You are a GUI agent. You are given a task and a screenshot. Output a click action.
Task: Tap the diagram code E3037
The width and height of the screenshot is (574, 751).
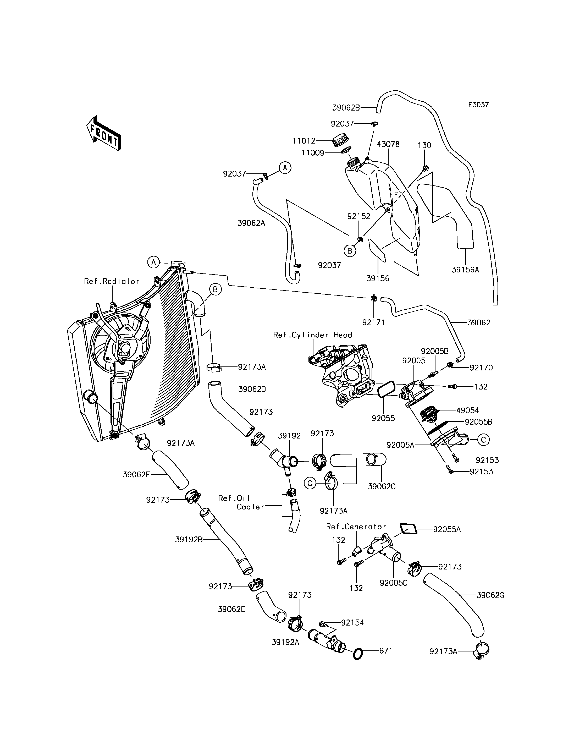[478, 105]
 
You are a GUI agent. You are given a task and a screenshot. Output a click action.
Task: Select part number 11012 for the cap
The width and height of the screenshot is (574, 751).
[304, 141]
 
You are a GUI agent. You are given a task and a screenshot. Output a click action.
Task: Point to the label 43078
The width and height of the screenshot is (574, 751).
[388, 144]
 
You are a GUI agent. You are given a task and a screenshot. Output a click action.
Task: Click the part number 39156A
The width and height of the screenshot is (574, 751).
[465, 270]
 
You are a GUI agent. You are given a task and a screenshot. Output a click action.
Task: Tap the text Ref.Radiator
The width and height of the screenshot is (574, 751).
[112, 281]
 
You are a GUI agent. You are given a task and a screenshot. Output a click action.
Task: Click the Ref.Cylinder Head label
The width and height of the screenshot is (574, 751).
[312, 335]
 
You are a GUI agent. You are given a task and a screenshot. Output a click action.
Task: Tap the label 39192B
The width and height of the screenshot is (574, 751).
[189, 539]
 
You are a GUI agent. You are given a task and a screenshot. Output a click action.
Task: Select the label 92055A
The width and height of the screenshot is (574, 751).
[447, 529]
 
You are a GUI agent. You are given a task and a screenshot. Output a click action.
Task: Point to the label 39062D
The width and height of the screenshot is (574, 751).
[252, 389]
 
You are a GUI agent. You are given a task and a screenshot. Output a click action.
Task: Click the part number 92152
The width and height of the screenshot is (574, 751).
[359, 216]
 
